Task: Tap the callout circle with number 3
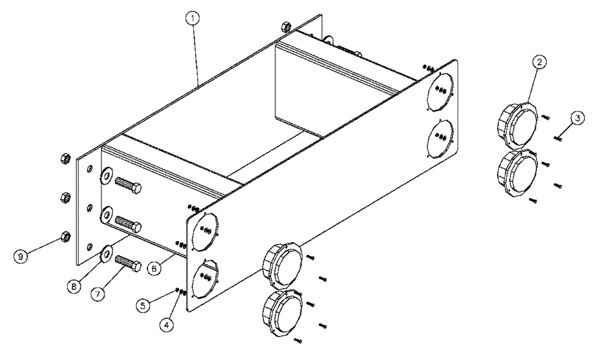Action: pyautogui.click(x=577, y=118)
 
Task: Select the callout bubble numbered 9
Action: pyautogui.click(x=21, y=256)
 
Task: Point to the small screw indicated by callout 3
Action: pyautogui.click(x=557, y=138)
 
